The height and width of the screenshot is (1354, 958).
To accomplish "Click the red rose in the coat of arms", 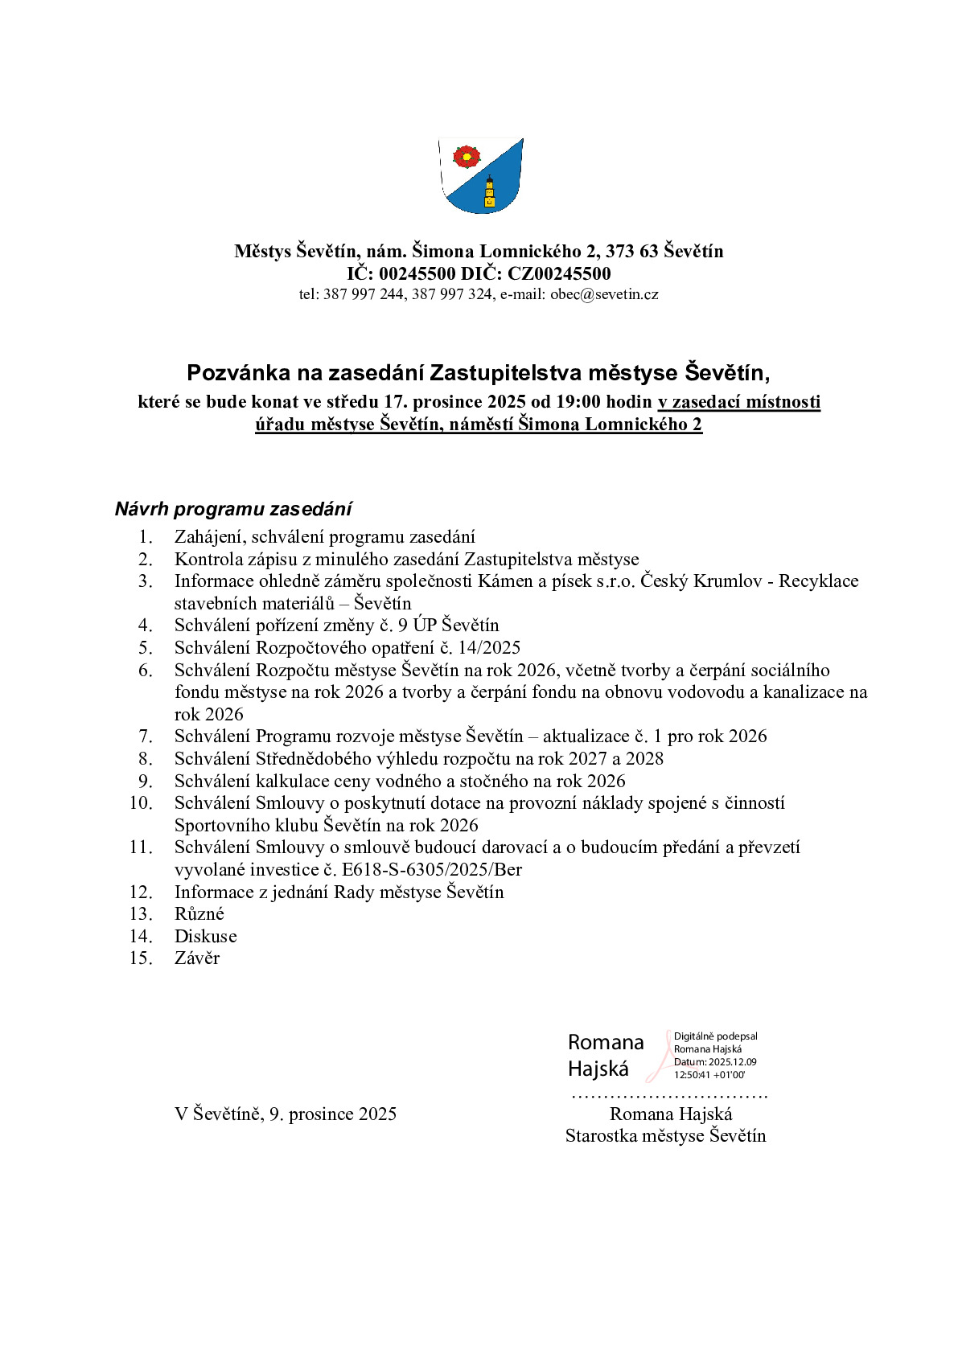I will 466,156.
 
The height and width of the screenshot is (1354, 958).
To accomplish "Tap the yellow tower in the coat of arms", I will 489,193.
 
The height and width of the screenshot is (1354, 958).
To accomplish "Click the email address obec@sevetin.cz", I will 604,294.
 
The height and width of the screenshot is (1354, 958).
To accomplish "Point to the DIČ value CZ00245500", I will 559,273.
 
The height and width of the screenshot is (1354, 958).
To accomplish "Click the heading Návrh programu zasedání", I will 233,509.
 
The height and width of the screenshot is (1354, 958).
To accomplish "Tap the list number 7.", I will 146,736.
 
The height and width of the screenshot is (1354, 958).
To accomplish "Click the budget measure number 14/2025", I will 489,648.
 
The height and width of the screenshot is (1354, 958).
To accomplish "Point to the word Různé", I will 199,914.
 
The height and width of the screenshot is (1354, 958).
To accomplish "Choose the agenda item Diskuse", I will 206,937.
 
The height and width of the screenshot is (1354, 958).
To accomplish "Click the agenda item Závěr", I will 197,958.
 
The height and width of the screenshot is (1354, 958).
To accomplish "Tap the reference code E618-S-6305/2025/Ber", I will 432,870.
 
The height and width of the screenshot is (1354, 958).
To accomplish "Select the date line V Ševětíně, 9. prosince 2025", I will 286,1114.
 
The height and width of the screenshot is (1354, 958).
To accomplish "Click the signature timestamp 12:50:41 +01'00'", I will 709,1075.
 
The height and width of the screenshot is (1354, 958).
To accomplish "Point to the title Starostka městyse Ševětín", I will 665,1136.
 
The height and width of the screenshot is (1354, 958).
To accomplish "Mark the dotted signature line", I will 669,1096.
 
